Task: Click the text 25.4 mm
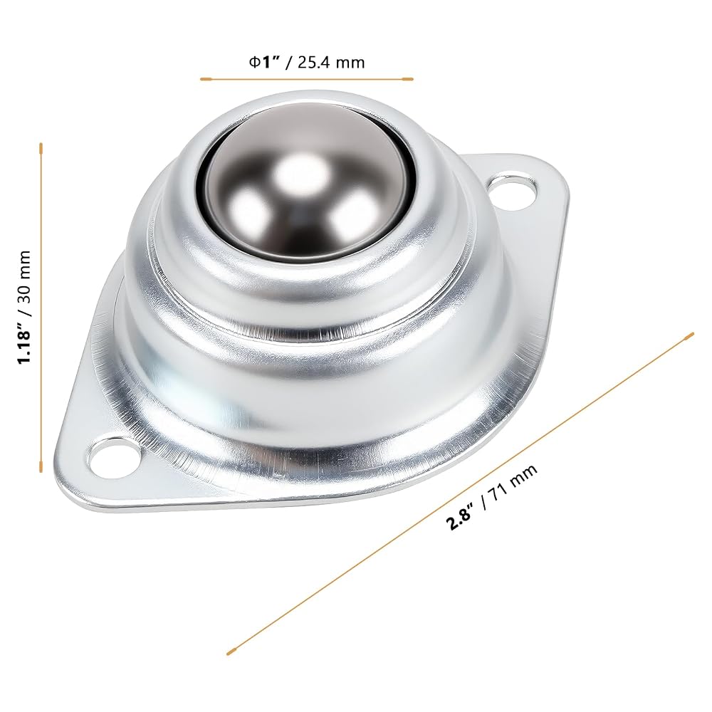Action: point(331,62)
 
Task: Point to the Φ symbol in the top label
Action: point(254,62)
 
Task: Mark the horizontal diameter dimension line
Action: point(307,79)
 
